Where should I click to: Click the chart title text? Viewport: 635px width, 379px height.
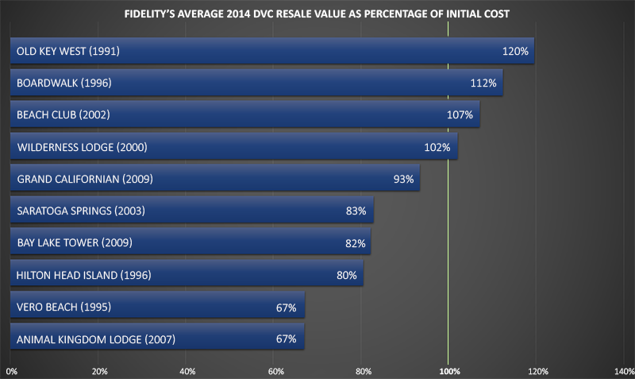point(318,14)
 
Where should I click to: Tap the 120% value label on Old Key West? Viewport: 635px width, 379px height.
point(515,52)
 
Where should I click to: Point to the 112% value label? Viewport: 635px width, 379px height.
point(483,83)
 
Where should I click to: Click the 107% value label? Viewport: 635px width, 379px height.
point(460,115)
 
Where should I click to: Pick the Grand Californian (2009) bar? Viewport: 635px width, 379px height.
point(214,179)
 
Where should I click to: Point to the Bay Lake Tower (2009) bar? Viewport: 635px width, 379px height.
point(190,243)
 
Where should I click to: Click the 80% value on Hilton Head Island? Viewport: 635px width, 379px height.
point(347,276)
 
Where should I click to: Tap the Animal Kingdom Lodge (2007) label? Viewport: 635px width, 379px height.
point(96,339)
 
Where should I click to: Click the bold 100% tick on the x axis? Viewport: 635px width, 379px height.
point(449,370)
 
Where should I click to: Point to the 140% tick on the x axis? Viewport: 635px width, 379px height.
point(624,370)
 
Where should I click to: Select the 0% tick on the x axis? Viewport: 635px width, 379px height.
point(11,370)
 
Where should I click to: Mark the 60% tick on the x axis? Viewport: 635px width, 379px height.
point(275,370)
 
